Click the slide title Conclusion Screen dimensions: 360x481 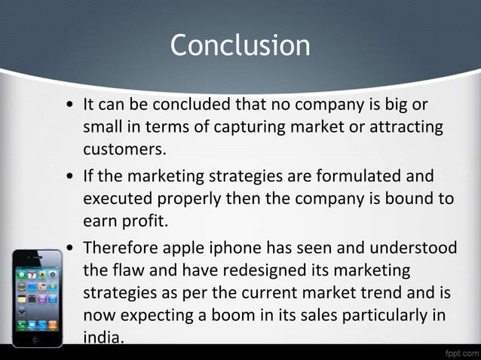click(x=240, y=45)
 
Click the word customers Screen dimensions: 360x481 click(x=124, y=149)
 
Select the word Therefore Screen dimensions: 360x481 click(x=119, y=248)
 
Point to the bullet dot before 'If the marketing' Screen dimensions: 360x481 click(x=69, y=178)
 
